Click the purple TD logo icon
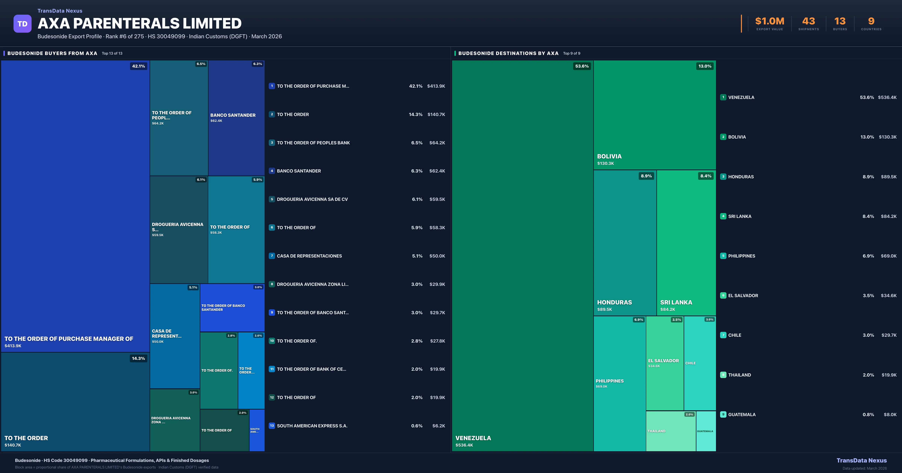point(22,24)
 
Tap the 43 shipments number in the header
point(808,21)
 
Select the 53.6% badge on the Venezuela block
point(582,66)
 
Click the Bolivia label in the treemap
point(609,156)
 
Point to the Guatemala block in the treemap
point(706,431)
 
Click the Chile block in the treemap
point(700,363)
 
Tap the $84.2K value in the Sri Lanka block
point(667,309)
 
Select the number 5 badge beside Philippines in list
point(723,256)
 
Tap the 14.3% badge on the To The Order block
point(138,358)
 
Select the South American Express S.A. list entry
point(312,426)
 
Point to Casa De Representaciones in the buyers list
point(309,256)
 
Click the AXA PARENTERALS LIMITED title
point(139,23)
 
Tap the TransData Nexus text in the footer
point(861,460)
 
